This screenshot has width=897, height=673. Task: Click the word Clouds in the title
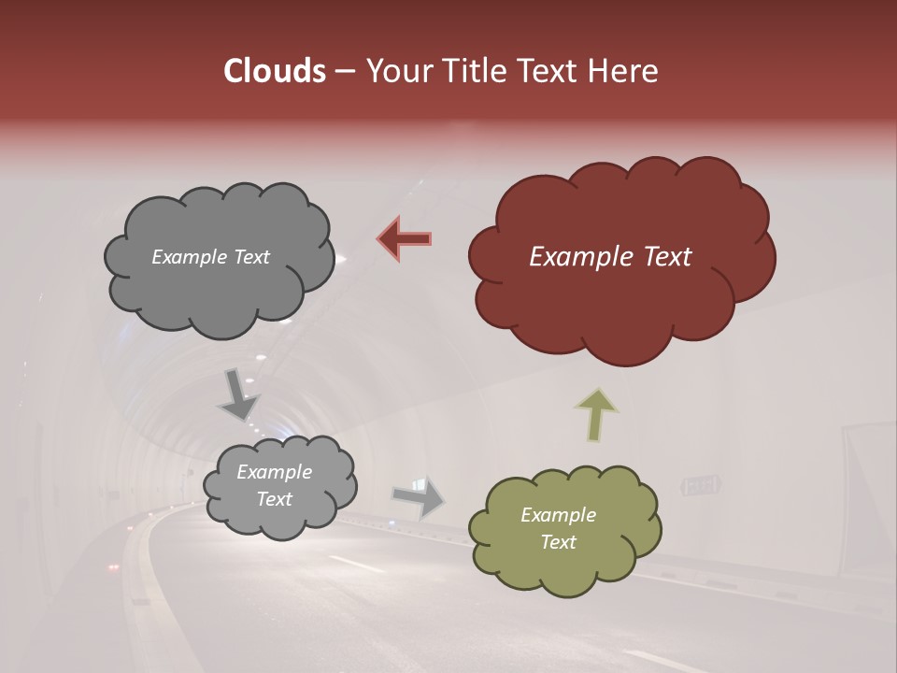coord(274,71)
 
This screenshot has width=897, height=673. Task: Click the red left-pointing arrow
coord(405,239)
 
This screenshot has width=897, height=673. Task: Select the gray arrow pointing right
coord(420,497)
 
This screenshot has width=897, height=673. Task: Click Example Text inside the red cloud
coord(610,257)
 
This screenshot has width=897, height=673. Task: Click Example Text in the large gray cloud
coord(210,257)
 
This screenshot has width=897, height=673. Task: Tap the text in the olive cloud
coord(558,528)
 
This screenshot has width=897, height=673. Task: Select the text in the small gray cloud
coord(274,486)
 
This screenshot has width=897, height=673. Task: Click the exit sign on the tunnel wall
coord(701,485)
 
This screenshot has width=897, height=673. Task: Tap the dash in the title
coord(344,72)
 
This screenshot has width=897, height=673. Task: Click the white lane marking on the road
coord(355,564)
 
